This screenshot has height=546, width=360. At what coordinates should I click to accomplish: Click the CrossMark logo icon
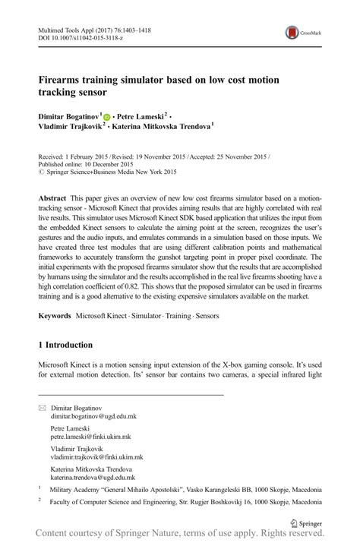(x=302, y=33)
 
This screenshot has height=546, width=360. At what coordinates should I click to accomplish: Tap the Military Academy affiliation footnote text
(x=182, y=491)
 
